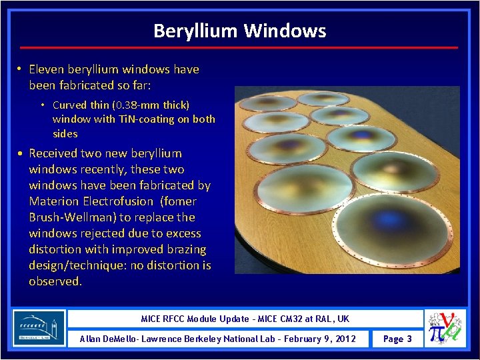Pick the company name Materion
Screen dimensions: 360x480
[x=52, y=201]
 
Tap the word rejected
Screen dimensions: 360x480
[x=101, y=233]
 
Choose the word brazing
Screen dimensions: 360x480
[x=186, y=249]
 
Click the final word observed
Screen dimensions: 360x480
[x=55, y=281]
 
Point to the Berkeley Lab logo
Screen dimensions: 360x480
[x=39, y=327]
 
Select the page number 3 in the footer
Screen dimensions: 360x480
[x=409, y=339]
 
